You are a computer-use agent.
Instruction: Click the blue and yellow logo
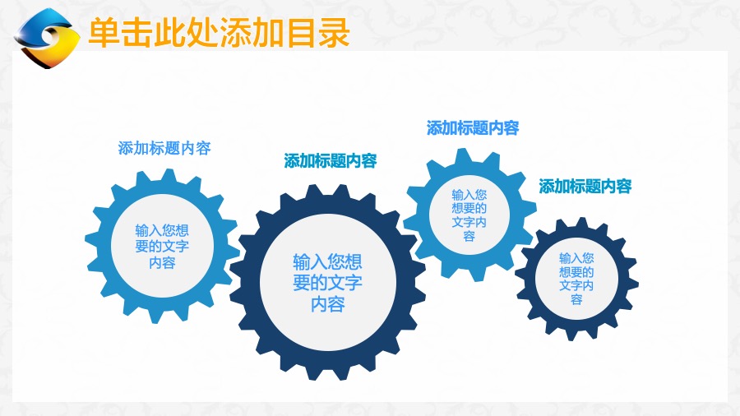click(47, 38)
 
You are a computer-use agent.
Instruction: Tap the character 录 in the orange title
click(334, 33)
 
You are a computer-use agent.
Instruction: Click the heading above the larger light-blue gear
click(164, 148)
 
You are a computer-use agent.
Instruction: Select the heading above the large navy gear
click(331, 161)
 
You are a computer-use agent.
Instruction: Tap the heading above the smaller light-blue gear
click(473, 127)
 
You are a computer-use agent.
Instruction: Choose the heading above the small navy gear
click(585, 187)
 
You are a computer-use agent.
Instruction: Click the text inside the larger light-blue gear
click(162, 246)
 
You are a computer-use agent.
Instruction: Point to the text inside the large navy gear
click(327, 283)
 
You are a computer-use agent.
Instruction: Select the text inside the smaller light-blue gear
click(469, 215)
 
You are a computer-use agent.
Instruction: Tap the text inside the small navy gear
click(576, 278)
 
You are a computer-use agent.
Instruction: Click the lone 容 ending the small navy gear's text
click(576, 299)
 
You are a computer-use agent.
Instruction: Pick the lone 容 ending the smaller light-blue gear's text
click(469, 236)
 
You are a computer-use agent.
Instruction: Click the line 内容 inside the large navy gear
click(327, 303)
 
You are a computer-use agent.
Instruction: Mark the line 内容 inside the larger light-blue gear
click(162, 262)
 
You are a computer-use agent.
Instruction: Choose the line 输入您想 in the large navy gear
click(327, 261)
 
